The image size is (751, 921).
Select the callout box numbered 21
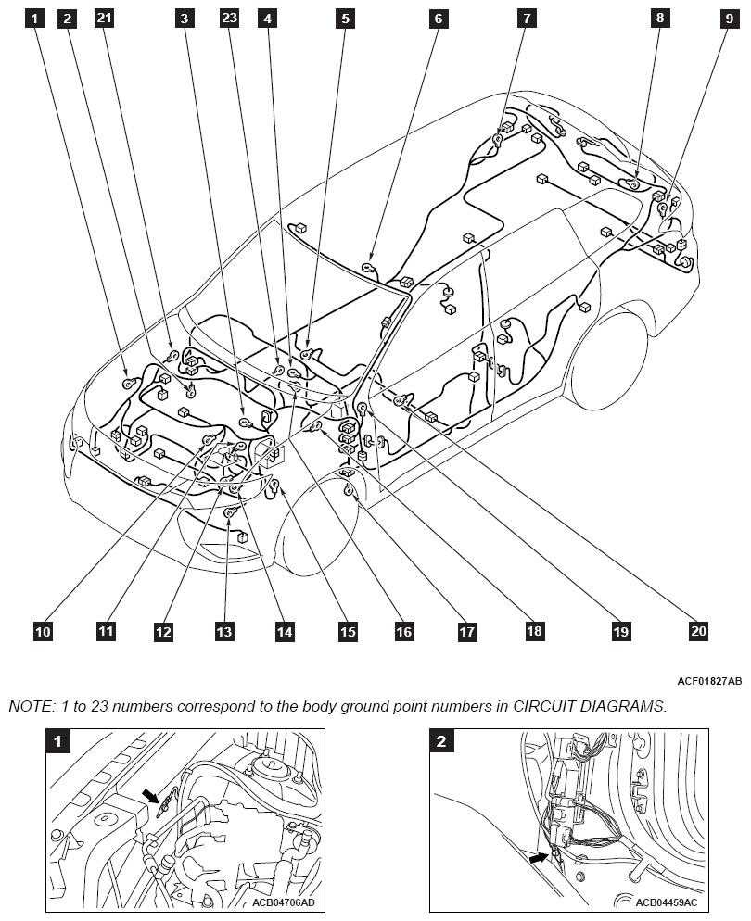point(104,18)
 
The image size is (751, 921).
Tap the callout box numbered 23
point(229,18)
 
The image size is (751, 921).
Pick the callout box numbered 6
point(438,18)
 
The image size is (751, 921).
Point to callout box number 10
point(43,632)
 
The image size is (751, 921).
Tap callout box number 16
point(403,632)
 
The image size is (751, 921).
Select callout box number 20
point(699,630)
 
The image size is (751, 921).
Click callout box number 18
point(534,631)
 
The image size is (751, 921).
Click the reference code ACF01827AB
point(709,681)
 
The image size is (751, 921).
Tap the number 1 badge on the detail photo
point(59,740)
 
